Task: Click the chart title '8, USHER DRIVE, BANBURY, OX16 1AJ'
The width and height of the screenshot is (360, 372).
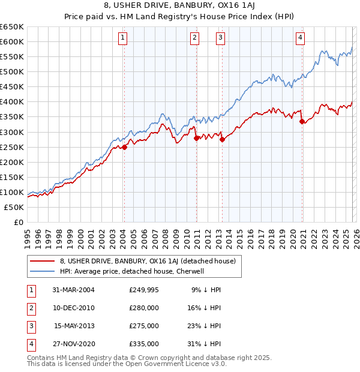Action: (x=180, y=7)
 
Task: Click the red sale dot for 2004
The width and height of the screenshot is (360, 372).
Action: (x=124, y=147)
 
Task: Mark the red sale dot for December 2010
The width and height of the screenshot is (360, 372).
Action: (x=197, y=138)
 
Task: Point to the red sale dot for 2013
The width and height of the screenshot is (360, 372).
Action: (x=222, y=139)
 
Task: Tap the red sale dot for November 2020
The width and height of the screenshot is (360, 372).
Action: (x=302, y=121)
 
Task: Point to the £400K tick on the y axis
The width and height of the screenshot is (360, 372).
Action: (x=11, y=102)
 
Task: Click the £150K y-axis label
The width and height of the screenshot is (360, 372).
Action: (x=11, y=177)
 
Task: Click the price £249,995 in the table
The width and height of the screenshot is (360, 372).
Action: (x=144, y=290)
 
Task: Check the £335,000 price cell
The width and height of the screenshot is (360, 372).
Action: (x=144, y=344)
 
